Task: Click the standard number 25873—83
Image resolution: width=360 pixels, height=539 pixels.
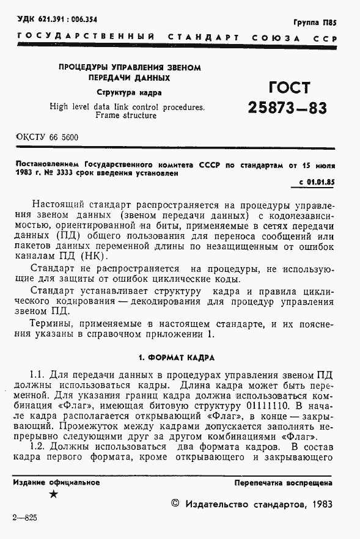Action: [x=287, y=108]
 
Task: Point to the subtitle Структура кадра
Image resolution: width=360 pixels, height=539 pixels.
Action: [x=129, y=93]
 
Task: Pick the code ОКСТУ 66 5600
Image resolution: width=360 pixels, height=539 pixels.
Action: [x=48, y=137]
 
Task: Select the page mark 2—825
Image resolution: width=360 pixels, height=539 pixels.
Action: [x=24, y=518]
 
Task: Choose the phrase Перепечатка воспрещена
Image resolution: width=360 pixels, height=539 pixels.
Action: [x=284, y=483]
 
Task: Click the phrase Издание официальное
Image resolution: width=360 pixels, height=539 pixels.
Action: [x=56, y=483]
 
